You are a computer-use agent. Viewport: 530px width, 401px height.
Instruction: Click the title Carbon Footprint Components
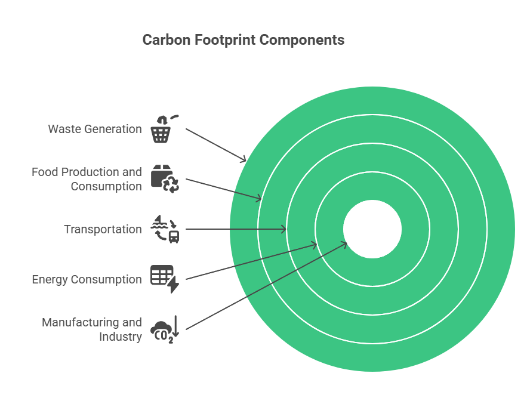pyautogui.click(x=243, y=40)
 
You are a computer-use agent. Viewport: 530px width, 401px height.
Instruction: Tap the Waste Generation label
pyautogui.click(x=95, y=129)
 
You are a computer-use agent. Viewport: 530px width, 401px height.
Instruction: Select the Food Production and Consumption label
pyautogui.click(x=87, y=179)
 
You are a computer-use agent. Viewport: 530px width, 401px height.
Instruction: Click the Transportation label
pyautogui.click(x=103, y=229)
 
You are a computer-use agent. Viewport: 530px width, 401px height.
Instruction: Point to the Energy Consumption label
pyautogui.click(x=87, y=279)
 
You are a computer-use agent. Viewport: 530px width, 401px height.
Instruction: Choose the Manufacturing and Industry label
pyautogui.click(x=92, y=329)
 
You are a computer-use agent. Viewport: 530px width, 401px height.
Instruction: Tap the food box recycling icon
pyautogui.click(x=165, y=179)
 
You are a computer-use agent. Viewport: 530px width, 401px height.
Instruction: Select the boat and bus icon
pyautogui.click(x=165, y=229)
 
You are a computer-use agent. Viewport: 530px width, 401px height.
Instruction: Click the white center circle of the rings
pyautogui.click(x=372, y=229)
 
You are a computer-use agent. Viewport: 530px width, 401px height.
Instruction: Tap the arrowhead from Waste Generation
pyautogui.click(x=244, y=160)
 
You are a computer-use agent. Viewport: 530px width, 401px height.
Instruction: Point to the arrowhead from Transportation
pyautogui.click(x=284, y=229)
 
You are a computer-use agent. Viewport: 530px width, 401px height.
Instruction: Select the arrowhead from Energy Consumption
pyautogui.click(x=314, y=244)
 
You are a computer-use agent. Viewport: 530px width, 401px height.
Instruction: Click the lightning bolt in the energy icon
pyautogui.click(x=174, y=286)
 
